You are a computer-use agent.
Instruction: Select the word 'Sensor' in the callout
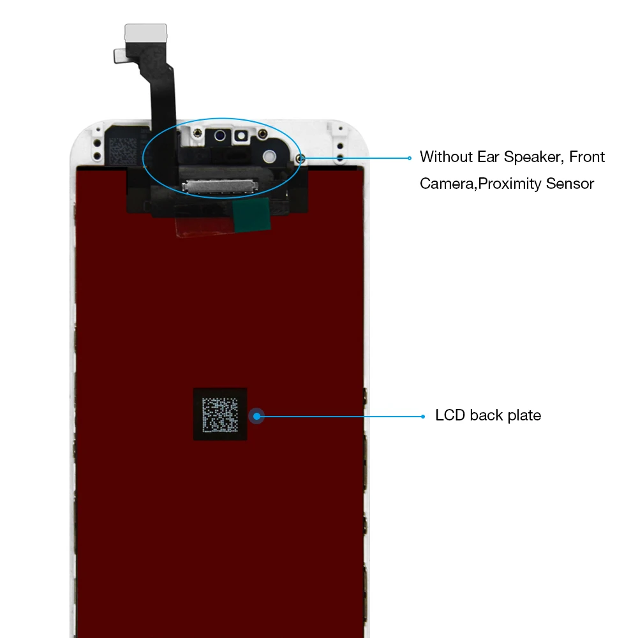[x=570, y=184]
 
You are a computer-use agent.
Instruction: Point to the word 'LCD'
[x=450, y=415]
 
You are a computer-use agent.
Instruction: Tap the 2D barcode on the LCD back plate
[x=220, y=415]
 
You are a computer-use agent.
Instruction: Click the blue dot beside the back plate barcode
[x=256, y=416]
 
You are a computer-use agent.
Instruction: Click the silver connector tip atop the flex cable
[x=145, y=33]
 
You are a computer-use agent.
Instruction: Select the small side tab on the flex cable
[x=120, y=56]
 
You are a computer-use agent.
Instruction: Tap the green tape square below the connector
[x=251, y=215]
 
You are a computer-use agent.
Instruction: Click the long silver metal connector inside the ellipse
[x=220, y=186]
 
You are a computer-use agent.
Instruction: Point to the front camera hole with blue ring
[x=220, y=135]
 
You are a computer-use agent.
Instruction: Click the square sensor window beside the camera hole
[x=241, y=136]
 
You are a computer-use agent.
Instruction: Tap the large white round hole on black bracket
[x=269, y=156]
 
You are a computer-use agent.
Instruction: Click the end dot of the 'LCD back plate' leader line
[x=423, y=416]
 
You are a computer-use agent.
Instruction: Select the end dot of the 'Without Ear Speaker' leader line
[x=410, y=158]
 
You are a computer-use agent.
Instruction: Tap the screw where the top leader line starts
[x=300, y=158]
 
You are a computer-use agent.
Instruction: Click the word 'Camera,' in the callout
[x=449, y=184]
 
